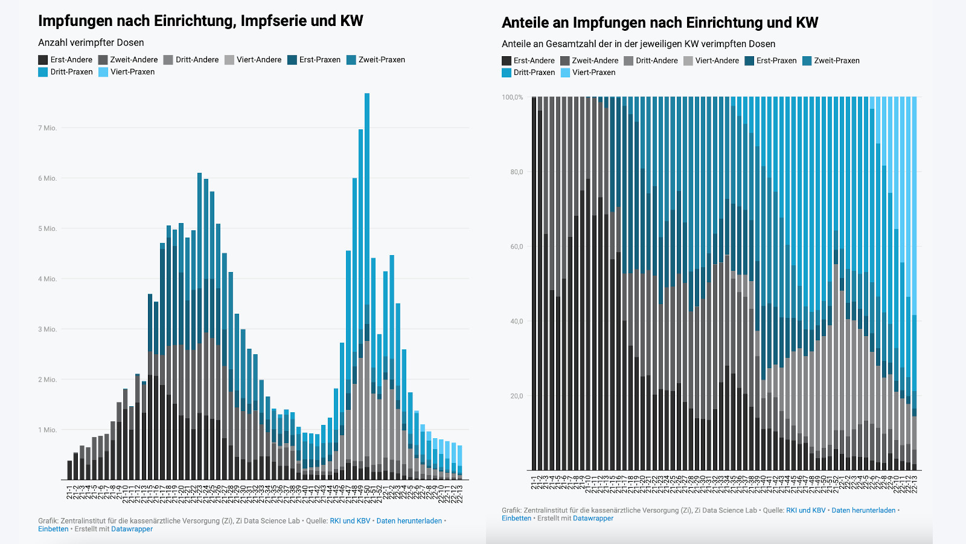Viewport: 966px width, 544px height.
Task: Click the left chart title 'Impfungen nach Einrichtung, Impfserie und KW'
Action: [200, 21]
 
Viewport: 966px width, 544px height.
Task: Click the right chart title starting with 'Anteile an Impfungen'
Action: [659, 23]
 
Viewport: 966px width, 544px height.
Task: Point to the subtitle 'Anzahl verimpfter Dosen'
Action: [91, 43]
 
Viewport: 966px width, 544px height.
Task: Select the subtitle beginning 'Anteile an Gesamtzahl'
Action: [638, 44]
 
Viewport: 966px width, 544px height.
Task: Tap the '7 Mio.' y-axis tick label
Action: [48, 128]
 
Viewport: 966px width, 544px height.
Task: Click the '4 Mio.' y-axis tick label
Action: [48, 279]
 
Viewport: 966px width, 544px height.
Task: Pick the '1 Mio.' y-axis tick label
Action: [48, 430]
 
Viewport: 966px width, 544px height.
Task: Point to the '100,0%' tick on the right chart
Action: [513, 97]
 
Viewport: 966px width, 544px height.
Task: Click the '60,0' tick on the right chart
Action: [516, 247]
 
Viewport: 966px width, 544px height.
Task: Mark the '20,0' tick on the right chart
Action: [516, 397]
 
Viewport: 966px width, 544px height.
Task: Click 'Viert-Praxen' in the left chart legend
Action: [132, 72]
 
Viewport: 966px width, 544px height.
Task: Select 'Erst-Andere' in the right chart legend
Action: [534, 60]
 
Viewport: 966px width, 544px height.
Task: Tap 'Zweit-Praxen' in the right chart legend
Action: [836, 60]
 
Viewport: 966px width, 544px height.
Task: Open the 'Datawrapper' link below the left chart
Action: [132, 529]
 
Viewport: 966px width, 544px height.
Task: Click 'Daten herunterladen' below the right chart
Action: [863, 511]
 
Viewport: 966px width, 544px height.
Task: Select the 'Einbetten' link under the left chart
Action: [53, 529]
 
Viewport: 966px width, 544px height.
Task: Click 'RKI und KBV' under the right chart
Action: [805, 511]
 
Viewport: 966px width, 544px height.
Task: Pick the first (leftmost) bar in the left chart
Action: [69, 470]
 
